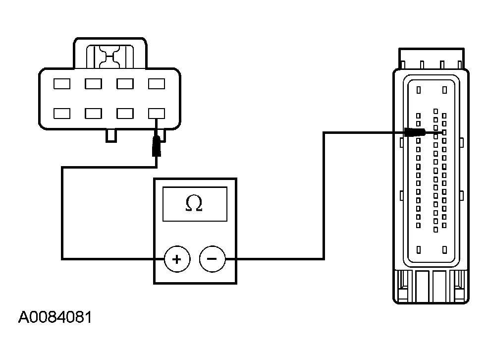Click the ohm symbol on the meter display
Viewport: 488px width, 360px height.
click(194, 203)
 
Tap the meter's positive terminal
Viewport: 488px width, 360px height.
click(177, 259)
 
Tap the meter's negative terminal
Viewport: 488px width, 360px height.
click(212, 259)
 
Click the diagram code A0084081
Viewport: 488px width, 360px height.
click(55, 317)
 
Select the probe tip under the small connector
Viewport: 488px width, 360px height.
click(157, 146)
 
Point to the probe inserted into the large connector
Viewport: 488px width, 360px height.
click(415, 132)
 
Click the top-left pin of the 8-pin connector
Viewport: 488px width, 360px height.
click(62, 84)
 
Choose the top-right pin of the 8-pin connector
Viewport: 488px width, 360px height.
click(157, 84)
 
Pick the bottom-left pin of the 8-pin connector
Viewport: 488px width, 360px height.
click(62, 114)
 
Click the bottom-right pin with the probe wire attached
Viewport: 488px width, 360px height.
click(157, 114)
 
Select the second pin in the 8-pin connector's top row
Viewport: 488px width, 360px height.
click(93, 84)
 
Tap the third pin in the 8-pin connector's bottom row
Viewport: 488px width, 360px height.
click(125, 114)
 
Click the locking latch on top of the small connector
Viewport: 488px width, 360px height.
click(110, 57)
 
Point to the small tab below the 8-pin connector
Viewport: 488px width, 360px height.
click(111, 135)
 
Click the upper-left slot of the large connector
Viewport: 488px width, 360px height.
click(419, 90)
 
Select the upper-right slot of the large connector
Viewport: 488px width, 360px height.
click(445, 90)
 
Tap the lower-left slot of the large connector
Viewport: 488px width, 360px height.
click(419, 250)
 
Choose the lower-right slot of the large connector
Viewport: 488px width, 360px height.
click(445, 250)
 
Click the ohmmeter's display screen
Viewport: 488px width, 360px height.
click(195, 204)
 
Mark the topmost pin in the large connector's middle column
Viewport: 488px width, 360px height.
click(435, 111)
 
